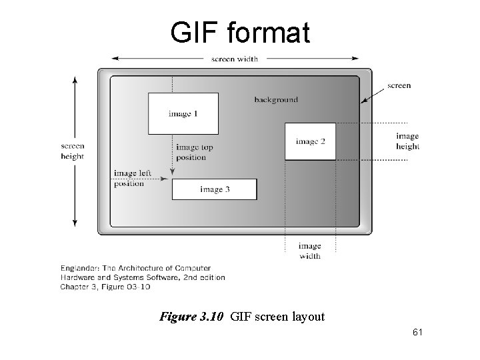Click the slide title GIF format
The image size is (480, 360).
240,32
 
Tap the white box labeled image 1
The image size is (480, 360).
183,114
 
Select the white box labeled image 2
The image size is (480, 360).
310,141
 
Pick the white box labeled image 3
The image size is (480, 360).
214,189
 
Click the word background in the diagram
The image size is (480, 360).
276,100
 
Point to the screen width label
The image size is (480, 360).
235,59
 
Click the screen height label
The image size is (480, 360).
72,151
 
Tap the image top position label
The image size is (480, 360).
194,152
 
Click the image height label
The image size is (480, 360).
407,141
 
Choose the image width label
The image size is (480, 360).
309,251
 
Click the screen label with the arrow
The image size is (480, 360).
399,85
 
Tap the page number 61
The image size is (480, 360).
418,331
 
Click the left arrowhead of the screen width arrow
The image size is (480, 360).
115,59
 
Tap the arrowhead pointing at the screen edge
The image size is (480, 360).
364,101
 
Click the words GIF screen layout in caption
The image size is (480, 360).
277,317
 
